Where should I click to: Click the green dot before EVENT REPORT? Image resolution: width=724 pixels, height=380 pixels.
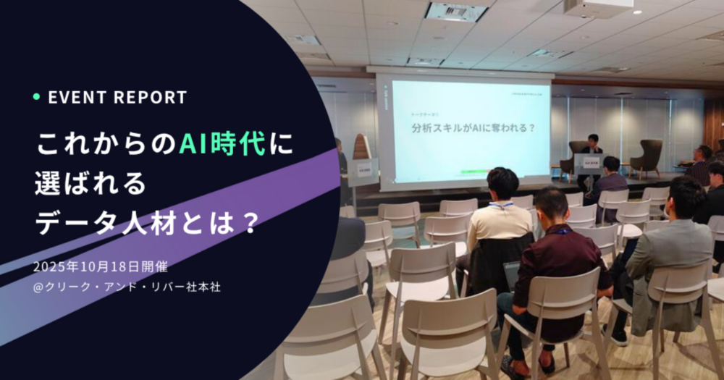point(36,97)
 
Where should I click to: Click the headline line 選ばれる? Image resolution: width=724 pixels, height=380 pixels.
point(90,183)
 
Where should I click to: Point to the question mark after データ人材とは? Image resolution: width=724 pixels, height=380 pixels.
point(248,221)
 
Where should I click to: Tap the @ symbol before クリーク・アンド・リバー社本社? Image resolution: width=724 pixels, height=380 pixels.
point(39,287)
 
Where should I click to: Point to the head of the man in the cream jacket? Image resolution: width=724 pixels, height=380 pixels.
point(502,184)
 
